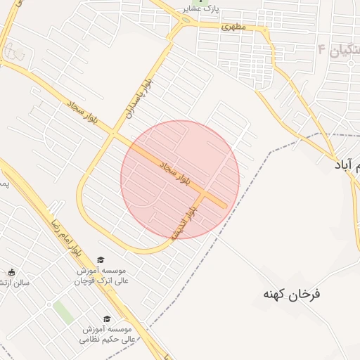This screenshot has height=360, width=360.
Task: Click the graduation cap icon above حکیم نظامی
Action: point(107,319)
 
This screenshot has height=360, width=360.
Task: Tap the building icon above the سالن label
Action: point(11,272)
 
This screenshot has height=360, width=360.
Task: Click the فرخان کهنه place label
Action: point(292,293)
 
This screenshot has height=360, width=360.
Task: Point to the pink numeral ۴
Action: point(322,49)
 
